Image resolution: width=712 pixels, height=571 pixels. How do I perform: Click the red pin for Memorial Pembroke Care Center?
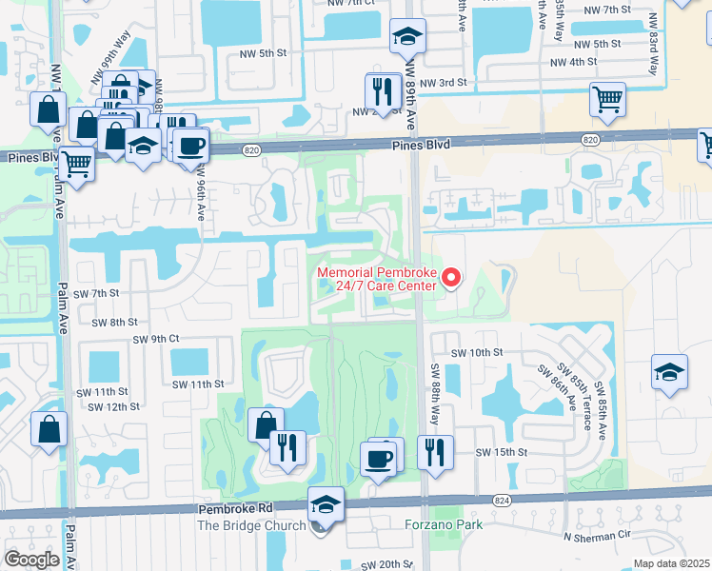point(452,278)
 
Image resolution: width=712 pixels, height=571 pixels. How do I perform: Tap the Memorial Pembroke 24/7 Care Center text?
point(376,284)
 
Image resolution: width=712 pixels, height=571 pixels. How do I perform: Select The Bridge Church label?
point(251,525)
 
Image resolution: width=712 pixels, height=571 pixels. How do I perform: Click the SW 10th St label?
point(478,352)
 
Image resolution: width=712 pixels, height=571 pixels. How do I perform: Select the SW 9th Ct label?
point(156,339)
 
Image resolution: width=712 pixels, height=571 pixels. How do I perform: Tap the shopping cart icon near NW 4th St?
point(607,99)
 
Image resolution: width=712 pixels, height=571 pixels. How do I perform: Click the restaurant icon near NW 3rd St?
point(383,91)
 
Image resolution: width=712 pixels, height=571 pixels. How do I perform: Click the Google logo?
point(31,560)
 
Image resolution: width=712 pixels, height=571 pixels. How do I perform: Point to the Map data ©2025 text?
point(671,563)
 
